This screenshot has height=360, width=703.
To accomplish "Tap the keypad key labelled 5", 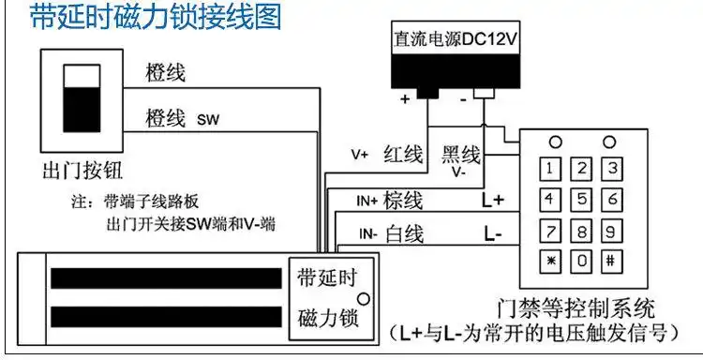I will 580,200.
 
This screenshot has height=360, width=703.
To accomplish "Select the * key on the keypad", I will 551,259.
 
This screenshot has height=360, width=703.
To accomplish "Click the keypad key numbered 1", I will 551,169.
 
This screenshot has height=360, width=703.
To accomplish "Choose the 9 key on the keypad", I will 610,230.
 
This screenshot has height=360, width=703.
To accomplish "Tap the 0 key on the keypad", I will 580,259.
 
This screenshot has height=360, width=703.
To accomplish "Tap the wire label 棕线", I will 404,200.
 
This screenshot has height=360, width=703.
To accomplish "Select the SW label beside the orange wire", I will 207,120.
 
